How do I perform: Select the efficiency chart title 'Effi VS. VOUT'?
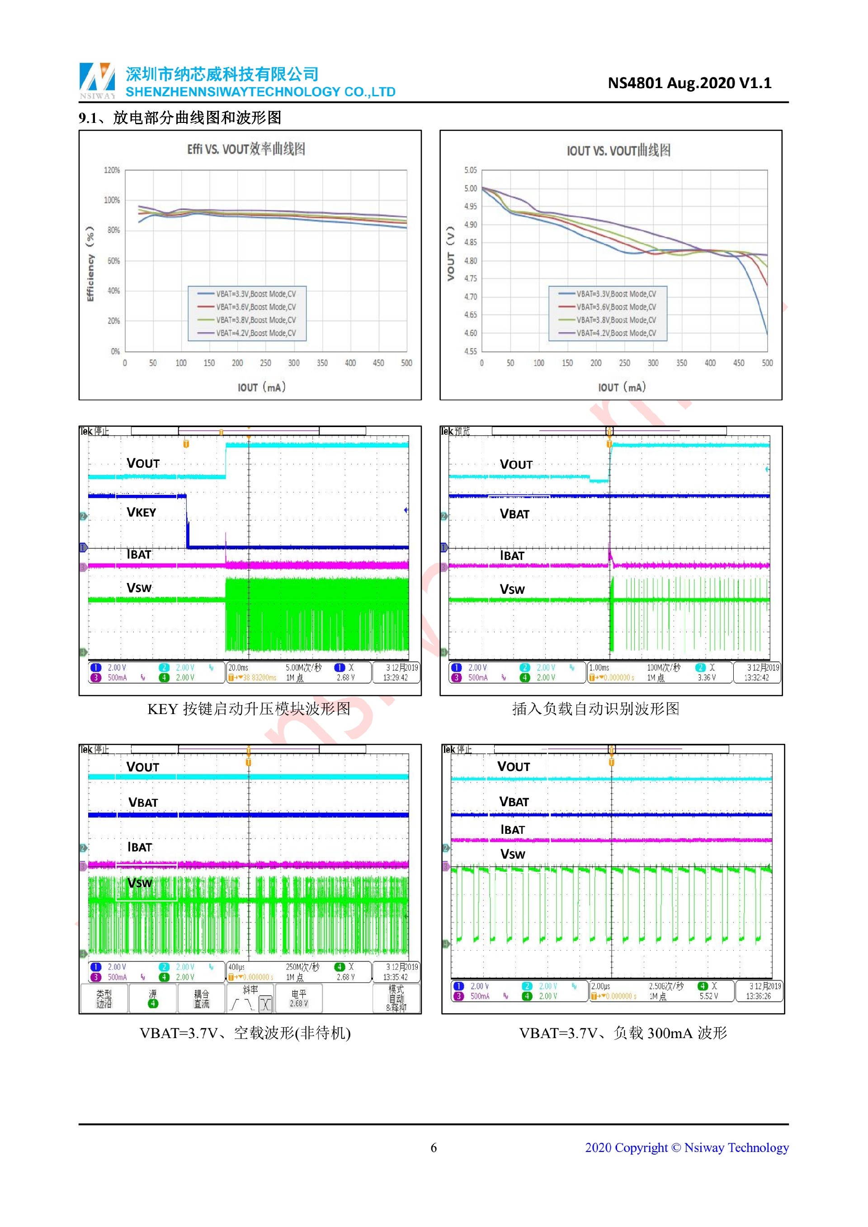click(246, 149)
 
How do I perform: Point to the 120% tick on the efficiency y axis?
click(112, 170)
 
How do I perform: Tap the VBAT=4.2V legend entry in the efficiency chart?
click(255, 334)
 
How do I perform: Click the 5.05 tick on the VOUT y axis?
click(470, 170)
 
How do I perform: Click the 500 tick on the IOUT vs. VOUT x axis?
click(767, 363)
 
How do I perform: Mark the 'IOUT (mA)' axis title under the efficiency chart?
click(261, 387)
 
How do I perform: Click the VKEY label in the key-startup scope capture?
click(141, 512)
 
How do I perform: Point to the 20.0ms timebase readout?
click(238, 668)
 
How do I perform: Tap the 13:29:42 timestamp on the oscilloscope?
click(396, 677)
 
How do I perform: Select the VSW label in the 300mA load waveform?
click(513, 855)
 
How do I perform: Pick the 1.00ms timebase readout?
click(599, 668)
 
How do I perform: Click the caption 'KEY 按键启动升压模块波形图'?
click(249, 709)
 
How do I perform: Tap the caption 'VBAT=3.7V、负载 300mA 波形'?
click(623, 1033)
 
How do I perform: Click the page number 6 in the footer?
click(434, 1148)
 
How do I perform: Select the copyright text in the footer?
click(686, 1148)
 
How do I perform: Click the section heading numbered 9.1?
click(180, 118)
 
